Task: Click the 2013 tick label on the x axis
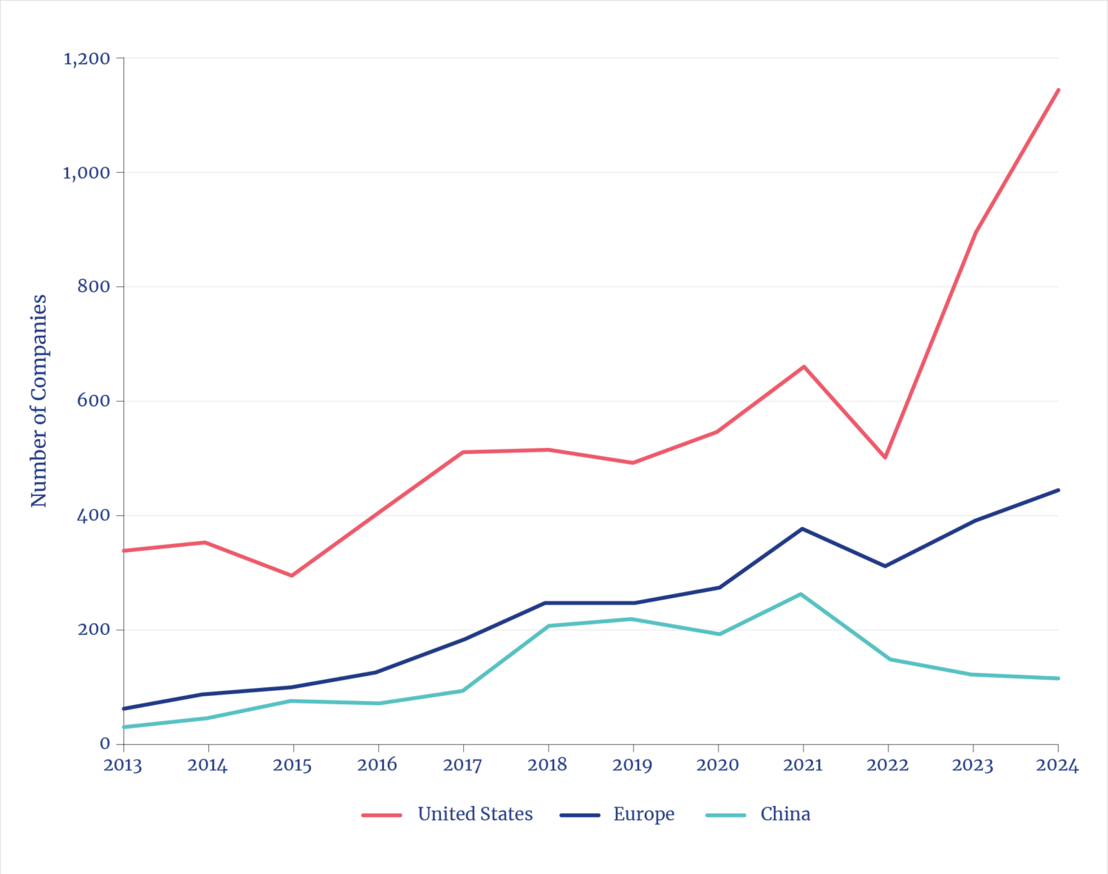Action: (x=123, y=765)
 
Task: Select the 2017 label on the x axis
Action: (x=462, y=765)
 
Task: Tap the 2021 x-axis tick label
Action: (x=803, y=765)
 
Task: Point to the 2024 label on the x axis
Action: (x=1058, y=765)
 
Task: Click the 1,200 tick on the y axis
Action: (x=86, y=58)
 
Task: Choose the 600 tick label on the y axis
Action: (x=94, y=401)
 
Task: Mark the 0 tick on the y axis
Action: (x=105, y=743)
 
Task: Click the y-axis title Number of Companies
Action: (x=38, y=401)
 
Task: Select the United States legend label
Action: (x=475, y=814)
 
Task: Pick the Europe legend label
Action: (x=643, y=814)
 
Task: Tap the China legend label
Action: (x=785, y=814)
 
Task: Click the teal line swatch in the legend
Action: (x=726, y=815)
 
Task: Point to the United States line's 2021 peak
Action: (x=803, y=365)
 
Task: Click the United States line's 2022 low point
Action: (x=885, y=458)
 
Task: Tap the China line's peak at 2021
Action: (x=801, y=593)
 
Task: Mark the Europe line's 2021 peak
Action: (x=802, y=529)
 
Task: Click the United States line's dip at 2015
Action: (x=292, y=576)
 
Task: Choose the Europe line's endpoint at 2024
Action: (x=1058, y=490)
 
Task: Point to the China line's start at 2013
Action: (x=124, y=727)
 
